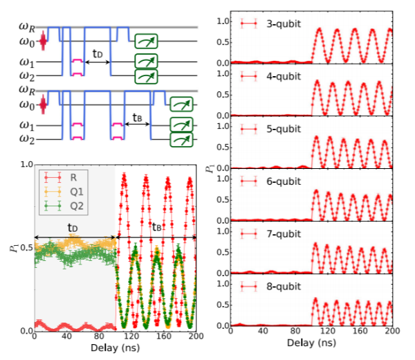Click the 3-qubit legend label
[x=284, y=23]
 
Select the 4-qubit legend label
[x=284, y=75]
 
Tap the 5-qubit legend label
[x=284, y=128]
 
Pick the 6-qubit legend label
[x=284, y=181]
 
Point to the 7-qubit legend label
[x=284, y=233]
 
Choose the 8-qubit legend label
[x=284, y=286]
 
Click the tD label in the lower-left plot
[x=72, y=226]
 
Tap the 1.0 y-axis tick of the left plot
[x=26, y=165]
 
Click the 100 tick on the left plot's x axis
[x=115, y=337]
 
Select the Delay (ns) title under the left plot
[x=115, y=350]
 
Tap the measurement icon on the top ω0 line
[x=146, y=41]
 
